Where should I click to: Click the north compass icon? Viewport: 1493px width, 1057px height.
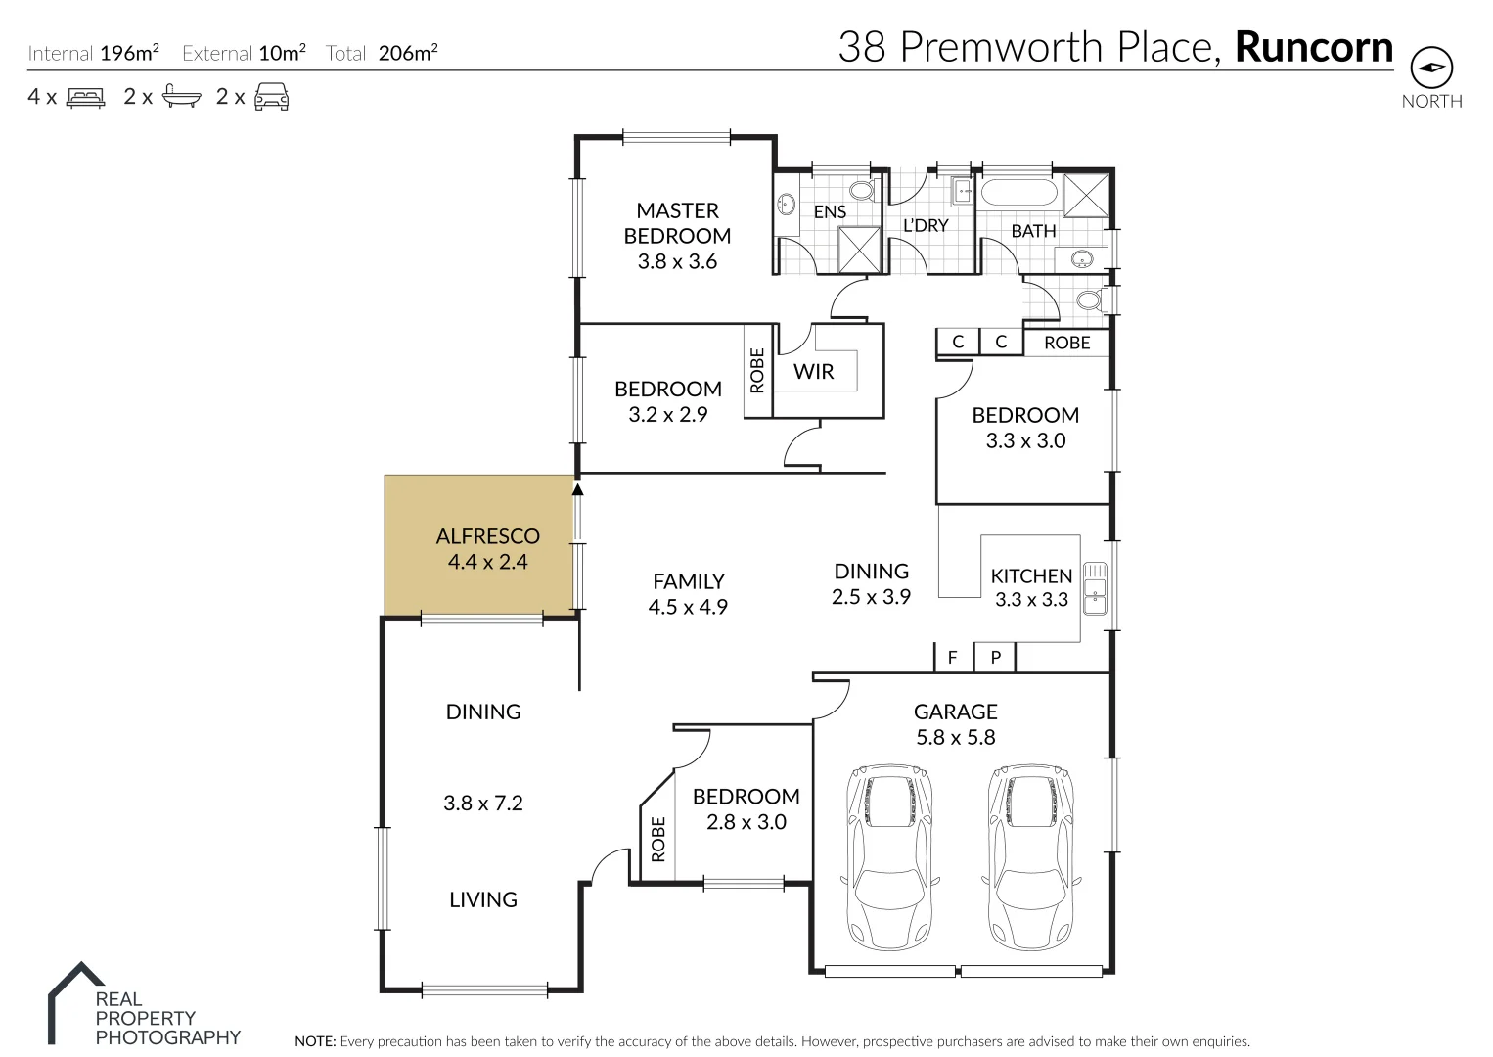coord(1430,68)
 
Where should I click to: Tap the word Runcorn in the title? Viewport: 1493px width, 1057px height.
coord(1314,47)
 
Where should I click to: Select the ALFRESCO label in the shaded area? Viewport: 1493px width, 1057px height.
coord(487,536)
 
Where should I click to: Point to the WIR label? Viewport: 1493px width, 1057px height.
coord(813,372)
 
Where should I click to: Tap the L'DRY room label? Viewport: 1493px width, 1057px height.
coord(925,225)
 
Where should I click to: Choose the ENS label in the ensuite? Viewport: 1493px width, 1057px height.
coord(830,211)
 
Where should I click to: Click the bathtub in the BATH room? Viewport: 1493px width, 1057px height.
coord(1018,191)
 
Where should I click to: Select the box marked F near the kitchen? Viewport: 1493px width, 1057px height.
coord(952,658)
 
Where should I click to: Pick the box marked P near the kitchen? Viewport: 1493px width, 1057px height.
coord(995,658)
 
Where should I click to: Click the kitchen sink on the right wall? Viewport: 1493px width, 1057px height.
coord(1095,589)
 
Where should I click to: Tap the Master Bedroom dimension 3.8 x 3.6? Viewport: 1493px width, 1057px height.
coord(677,261)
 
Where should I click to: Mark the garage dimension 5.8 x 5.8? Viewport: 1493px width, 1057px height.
coord(955,738)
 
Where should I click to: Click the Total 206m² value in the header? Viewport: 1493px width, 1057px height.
coord(407,53)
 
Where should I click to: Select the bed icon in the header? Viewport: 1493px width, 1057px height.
coord(85,97)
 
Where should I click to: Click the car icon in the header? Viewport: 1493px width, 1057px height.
coord(271,97)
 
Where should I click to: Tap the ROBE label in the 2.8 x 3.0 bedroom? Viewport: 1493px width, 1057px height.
coord(657,840)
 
